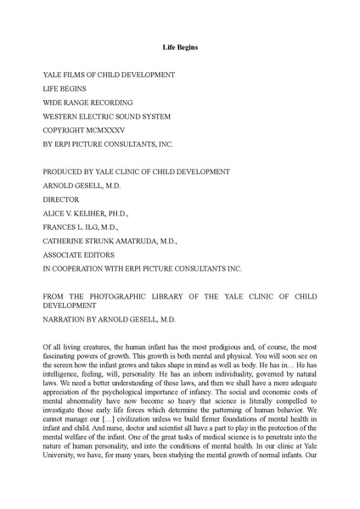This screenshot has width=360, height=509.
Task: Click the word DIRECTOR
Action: [61, 199]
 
